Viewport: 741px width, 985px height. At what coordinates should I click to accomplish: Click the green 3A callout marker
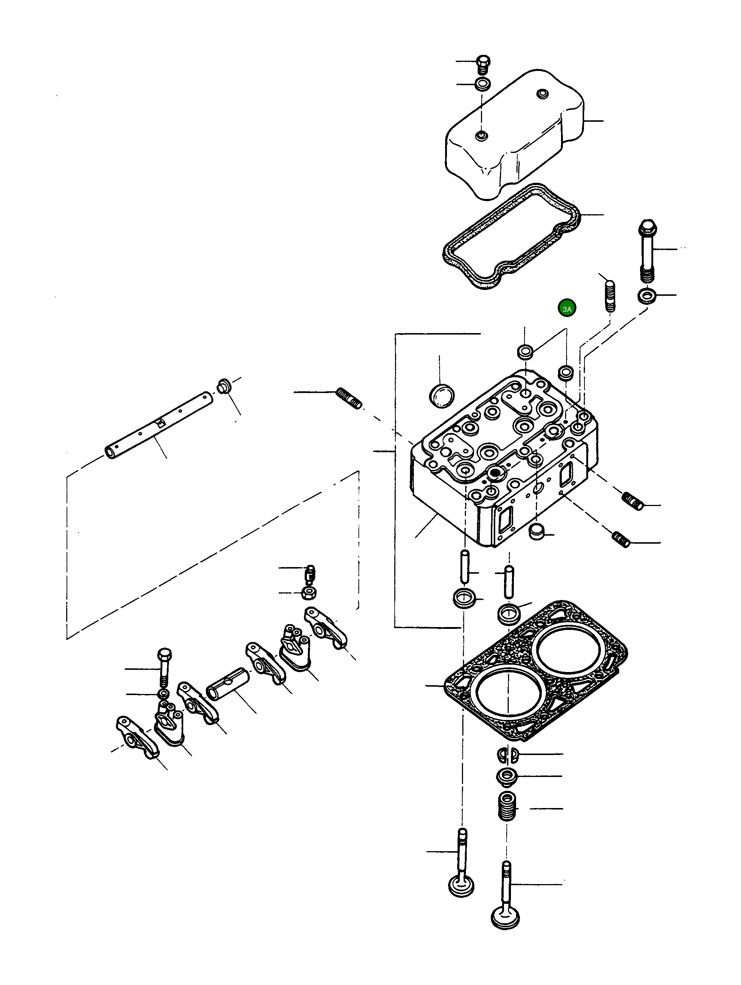pyautogui.click(x=567, y=308)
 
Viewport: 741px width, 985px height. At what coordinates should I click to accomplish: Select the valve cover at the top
pyautogui.click(x=512, y=133)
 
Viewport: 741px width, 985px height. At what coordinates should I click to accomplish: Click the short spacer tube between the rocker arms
pyautogui.click(x=227, y=683)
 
